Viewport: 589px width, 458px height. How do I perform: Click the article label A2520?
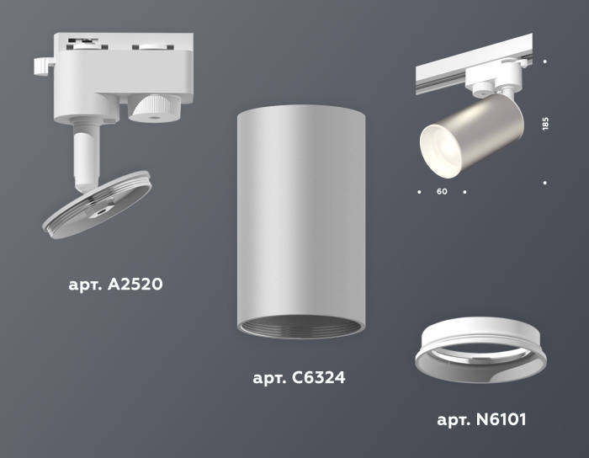(114, 285)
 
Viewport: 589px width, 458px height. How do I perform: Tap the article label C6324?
(299, 378)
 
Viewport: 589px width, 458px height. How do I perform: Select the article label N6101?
(481, 418)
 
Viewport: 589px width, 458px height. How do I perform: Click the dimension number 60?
(442, 192)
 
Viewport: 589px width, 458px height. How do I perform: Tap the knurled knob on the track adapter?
(153, 109)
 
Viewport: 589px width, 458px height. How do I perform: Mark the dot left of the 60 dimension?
(419, 192)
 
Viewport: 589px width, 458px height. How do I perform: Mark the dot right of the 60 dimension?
(465, 192)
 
